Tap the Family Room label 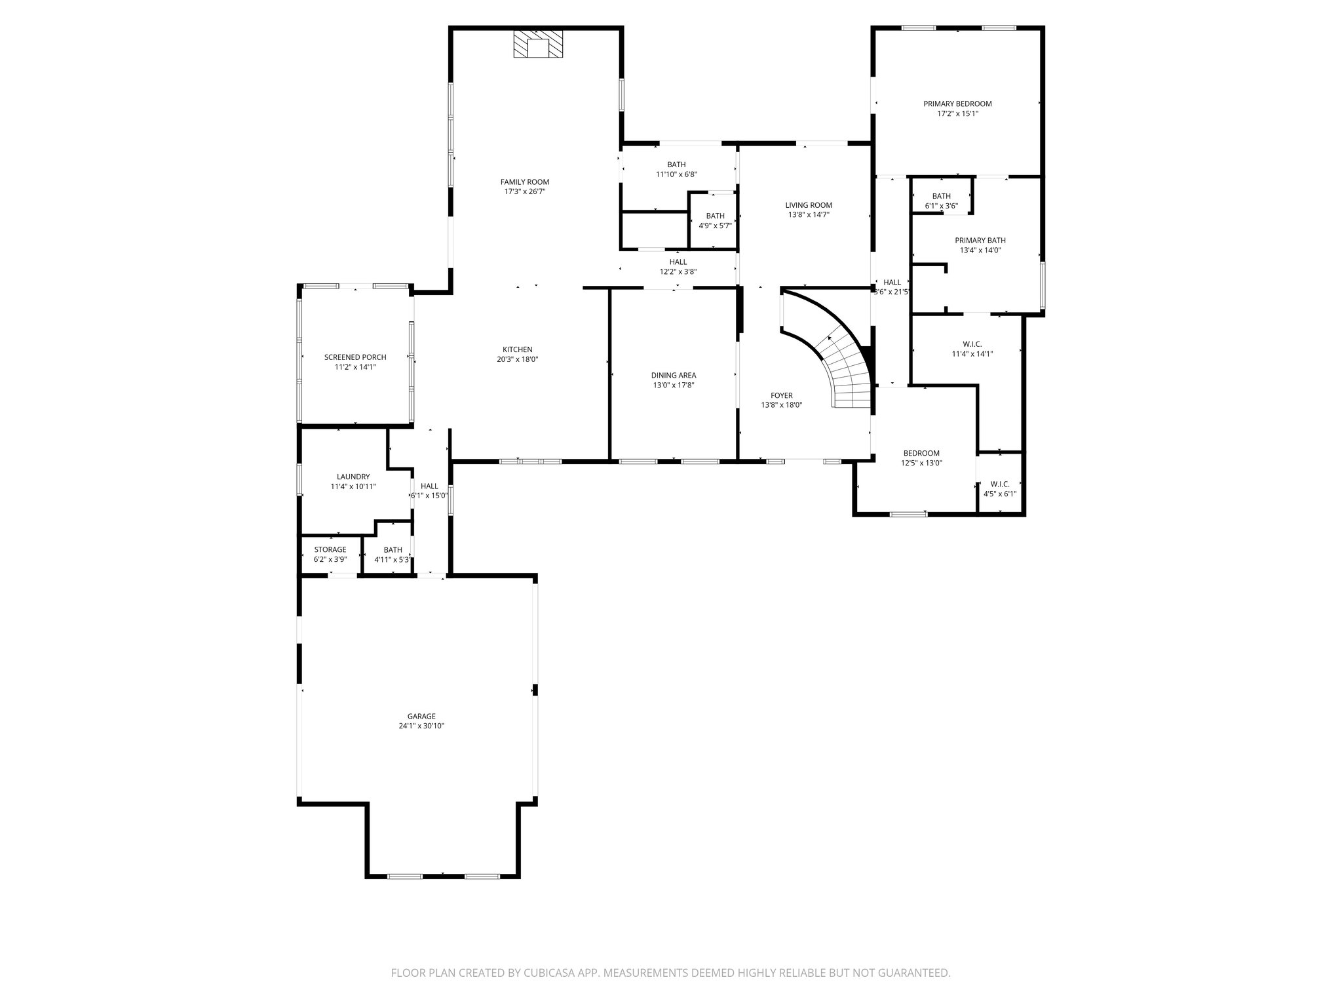click(x=524, y=182)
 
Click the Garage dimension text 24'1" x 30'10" click(x=421, y=726)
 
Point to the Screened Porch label click(x=355, y=357)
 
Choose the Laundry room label click(x=353, y=477)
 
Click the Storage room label click(x=330, y=549)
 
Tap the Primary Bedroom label click(x=957, y=104)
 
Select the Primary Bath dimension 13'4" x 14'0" click(x=980, y=250)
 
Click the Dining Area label click(x=673, y=376)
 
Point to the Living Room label click(x=809, y=205)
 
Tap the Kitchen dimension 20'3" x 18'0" click(x=517, y=359)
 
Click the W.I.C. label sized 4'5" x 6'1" click(x=1000, y=484)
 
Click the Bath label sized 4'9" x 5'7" click(x=715, y=216)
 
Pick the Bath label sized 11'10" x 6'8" click(x=676, y=165)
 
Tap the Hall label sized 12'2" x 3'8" click(x=678, y=262)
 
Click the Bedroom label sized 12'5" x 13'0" click(x=921, y=453)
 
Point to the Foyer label click(x=781, y=395)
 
